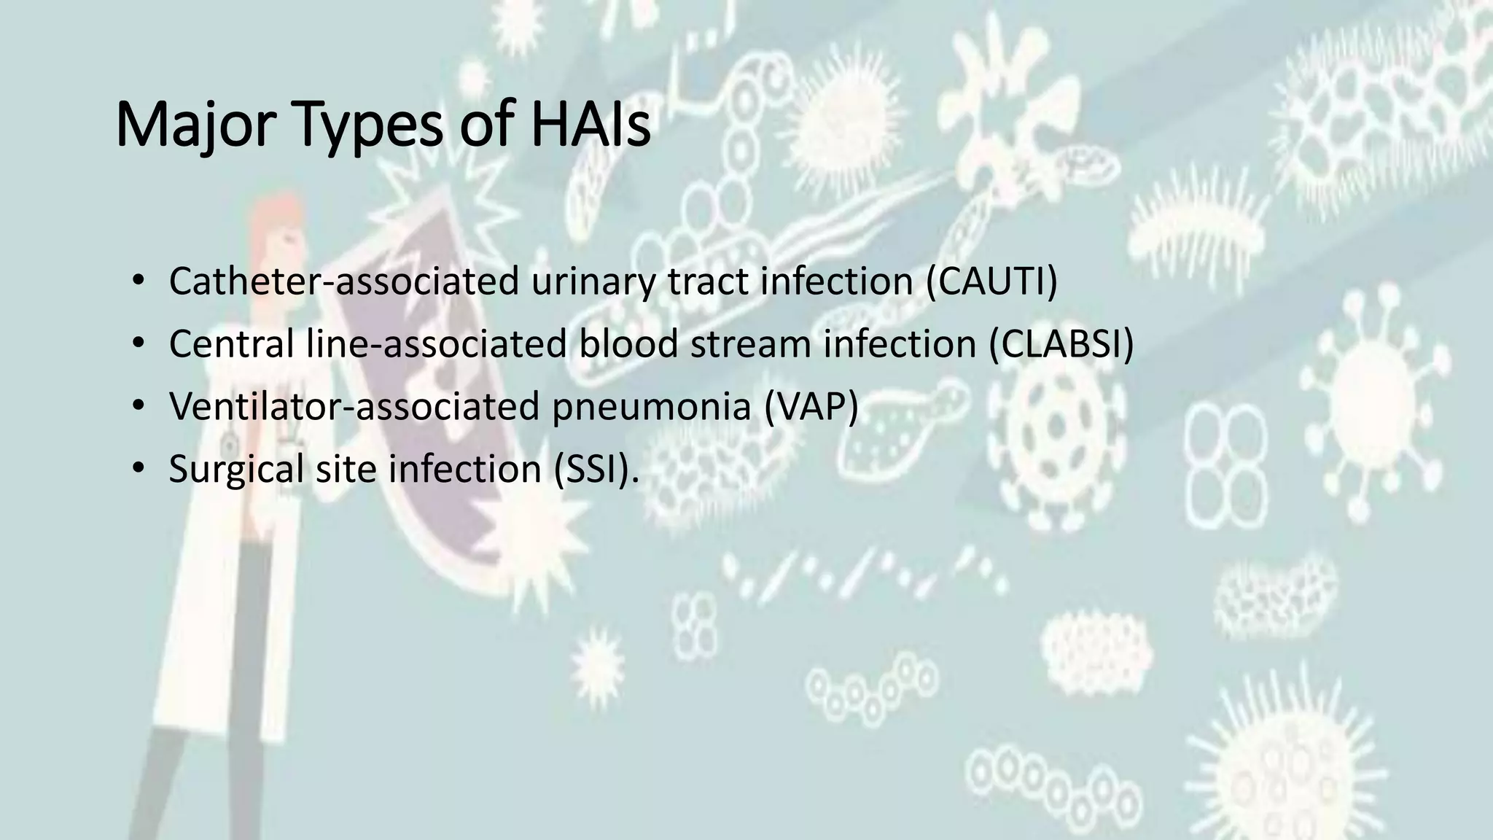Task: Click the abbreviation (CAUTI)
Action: tap(991, 281)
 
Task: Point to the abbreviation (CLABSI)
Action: tap(1061, 344)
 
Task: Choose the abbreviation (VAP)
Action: tap(811, 406)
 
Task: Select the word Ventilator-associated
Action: tap(354, 406)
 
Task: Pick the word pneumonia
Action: tap(651, 406)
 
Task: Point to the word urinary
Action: tap(593, 281)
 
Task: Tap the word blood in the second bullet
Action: tap(628, 344)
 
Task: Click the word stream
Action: tap(750, 344)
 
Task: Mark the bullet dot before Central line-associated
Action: tap(139, 344)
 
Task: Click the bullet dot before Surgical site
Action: tap(139, 468)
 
